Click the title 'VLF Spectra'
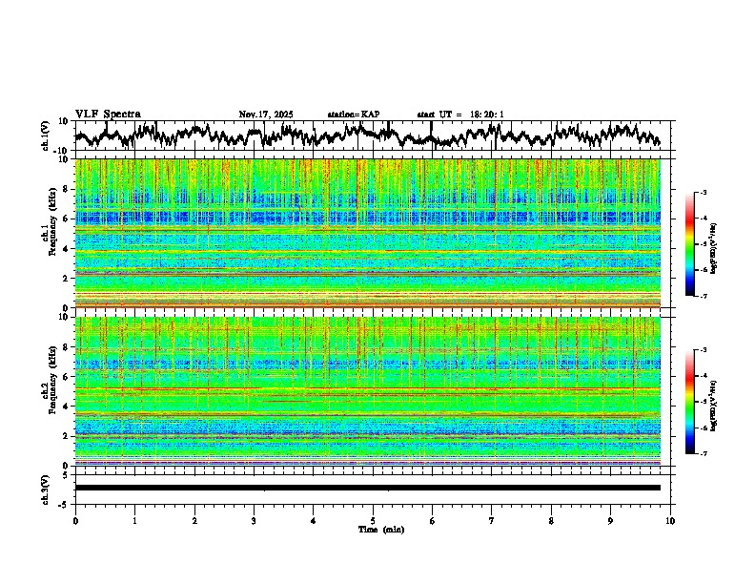[108, 115]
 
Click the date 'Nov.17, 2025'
[266, 115]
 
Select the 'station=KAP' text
[353, 115]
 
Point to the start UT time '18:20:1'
[486, 115]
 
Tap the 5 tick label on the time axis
[373, 521]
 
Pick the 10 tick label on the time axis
[670, 521]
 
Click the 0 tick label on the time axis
[75, 521]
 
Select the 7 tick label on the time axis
[492, 521]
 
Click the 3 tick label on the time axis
[254, 521]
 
